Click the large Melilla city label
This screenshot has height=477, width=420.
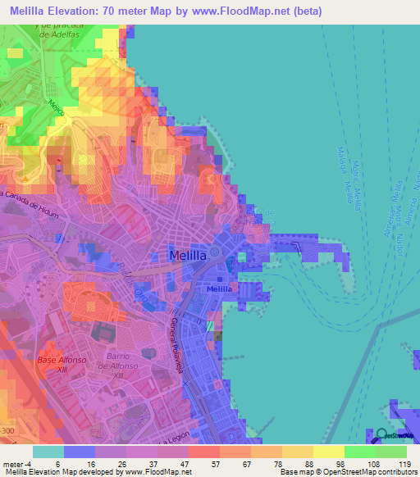(x=192, y=256)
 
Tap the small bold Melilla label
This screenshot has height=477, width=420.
(x=218, y=289)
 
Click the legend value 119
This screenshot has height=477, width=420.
(x=402, y=464)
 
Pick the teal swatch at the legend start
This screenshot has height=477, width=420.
(x=48, y=452)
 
